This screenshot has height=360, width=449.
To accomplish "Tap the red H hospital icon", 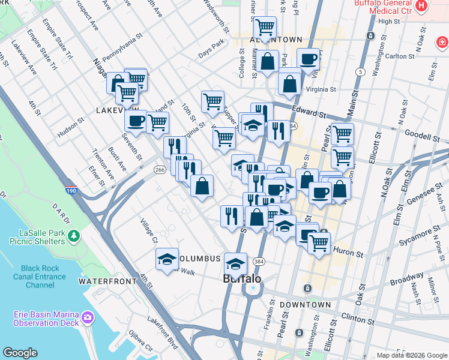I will click(x=421, y=6).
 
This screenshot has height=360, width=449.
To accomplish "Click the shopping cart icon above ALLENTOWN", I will click(x=265, y=27).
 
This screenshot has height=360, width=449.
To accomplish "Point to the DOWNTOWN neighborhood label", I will click(x=309, y=305).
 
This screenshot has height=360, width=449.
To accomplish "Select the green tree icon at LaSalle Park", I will click(x=74, y=236).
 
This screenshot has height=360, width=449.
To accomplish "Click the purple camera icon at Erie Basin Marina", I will click(x=88, y=316).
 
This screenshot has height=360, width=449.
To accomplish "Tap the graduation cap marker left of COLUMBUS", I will click(x=167, y=259).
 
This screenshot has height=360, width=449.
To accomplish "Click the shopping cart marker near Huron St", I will click(x=319, y=243).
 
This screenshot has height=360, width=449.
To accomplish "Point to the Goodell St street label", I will click(x=427, y=137).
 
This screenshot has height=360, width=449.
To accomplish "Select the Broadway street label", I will click(x=406, y=280).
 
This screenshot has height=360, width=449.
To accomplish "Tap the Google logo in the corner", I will click(x=20, y=353).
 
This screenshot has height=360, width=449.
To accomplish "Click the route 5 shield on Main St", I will click(x=360, y=72).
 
